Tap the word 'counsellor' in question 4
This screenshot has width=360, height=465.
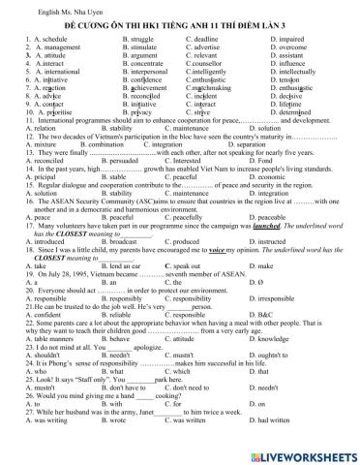[205, 63]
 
